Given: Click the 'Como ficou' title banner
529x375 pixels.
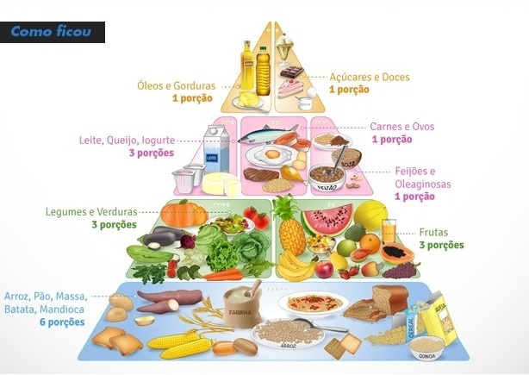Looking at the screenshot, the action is (53, 33).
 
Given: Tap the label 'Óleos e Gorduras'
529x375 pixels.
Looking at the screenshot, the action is (177, 85).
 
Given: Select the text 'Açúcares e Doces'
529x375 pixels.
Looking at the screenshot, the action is (370, 77).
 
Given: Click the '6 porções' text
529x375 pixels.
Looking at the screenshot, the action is (61, 322).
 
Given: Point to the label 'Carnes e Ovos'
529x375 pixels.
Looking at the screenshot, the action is (401, 127).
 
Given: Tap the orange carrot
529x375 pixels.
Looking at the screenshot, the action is (222, 275).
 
